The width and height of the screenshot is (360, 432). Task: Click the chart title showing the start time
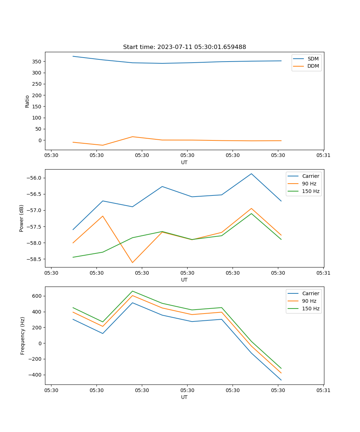click(x=184, y=47)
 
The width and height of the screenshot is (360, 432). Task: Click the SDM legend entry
click(x=313, y=59)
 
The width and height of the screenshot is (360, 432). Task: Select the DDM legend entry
click(x=313, y=66)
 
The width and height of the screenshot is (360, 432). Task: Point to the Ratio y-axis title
click(x=27, y=101)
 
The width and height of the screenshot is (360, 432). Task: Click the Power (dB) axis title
click(x=22, y=218)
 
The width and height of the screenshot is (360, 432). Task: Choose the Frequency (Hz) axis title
click(x=22, y=336)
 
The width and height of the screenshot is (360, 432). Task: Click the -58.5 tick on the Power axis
click(x=34, y=259)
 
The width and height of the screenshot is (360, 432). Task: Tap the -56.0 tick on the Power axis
click(x=34, y=178)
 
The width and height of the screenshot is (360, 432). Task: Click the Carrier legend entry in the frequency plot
click(x=310, y=293)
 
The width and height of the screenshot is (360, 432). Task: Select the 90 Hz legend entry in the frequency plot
click(x=309, y=301)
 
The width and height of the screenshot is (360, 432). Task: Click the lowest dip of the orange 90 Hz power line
click(x=132, y=262)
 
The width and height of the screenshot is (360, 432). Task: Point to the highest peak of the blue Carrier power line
click(x=251, y=174)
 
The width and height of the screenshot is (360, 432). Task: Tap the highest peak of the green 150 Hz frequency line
click(x=132, y=291)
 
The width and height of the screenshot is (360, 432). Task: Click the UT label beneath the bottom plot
click(x=184, y=397)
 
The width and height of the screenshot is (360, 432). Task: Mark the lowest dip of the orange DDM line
click(x=103, y=145)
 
